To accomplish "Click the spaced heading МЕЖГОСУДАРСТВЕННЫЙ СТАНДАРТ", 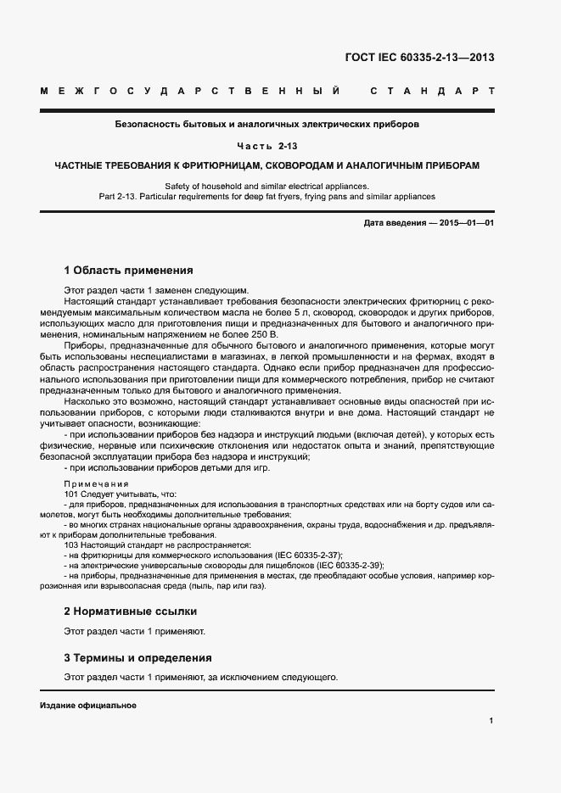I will pos(266,90).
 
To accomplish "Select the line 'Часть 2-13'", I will pos(266,145).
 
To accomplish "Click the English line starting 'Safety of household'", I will pos(266,185).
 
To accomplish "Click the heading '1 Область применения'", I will pos(129,271).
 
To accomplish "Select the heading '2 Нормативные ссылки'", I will pos(130,611).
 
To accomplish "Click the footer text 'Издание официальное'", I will pos(88,706).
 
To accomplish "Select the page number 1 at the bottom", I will pos(491,721).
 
